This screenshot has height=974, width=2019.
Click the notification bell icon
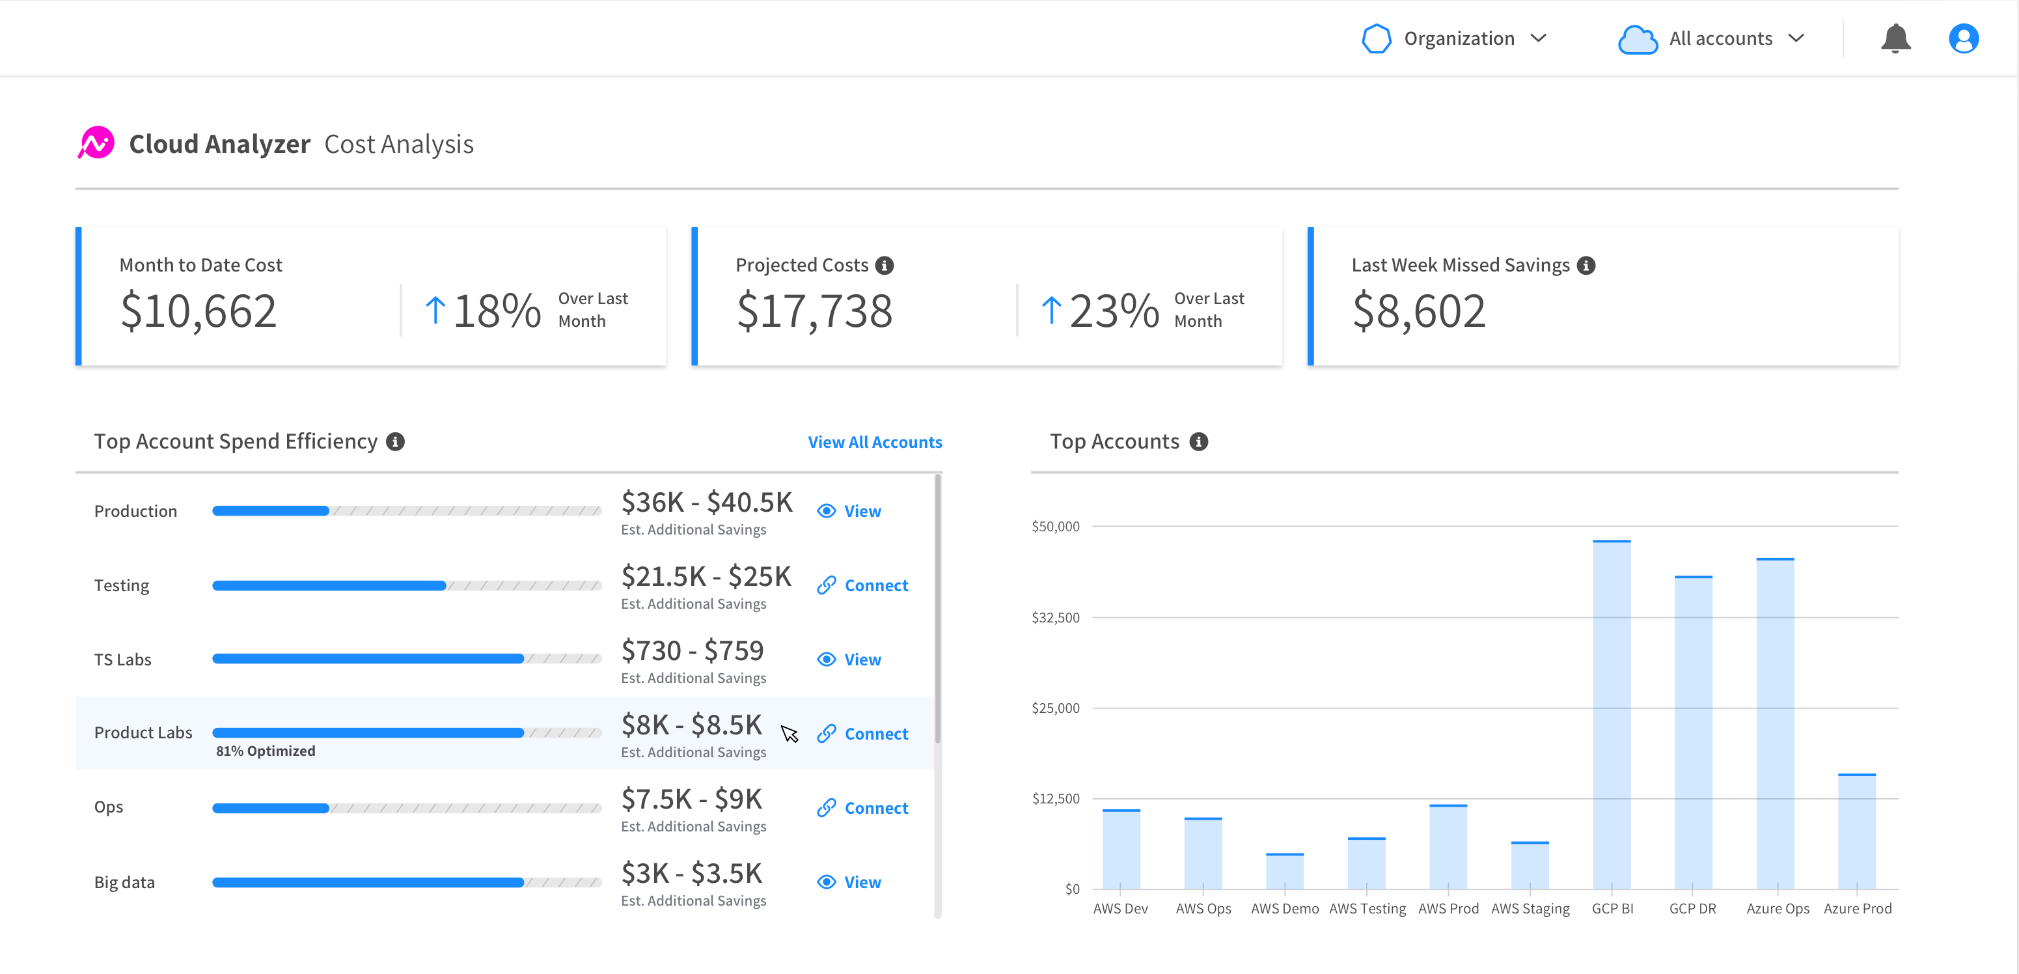(1895, 38)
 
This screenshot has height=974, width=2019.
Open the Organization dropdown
(1455, 38)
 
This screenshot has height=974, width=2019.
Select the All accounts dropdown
(1713, 38)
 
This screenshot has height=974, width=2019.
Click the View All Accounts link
(875, 442)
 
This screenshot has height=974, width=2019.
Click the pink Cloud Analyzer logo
(96, 143)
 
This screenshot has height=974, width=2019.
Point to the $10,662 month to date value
(199, 311)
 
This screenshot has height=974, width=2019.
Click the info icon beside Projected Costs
(884, 266)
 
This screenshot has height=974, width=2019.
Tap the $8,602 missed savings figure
(1419, 311)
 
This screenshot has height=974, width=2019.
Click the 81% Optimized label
(266, 751)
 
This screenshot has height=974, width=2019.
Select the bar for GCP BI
(1612, 714)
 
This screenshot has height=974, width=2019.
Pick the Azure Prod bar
(1857, 831)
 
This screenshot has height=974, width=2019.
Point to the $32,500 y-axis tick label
(1055, 618)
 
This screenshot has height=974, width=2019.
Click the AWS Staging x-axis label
(1530, 909)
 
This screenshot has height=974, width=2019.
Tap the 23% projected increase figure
(1113, 311)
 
